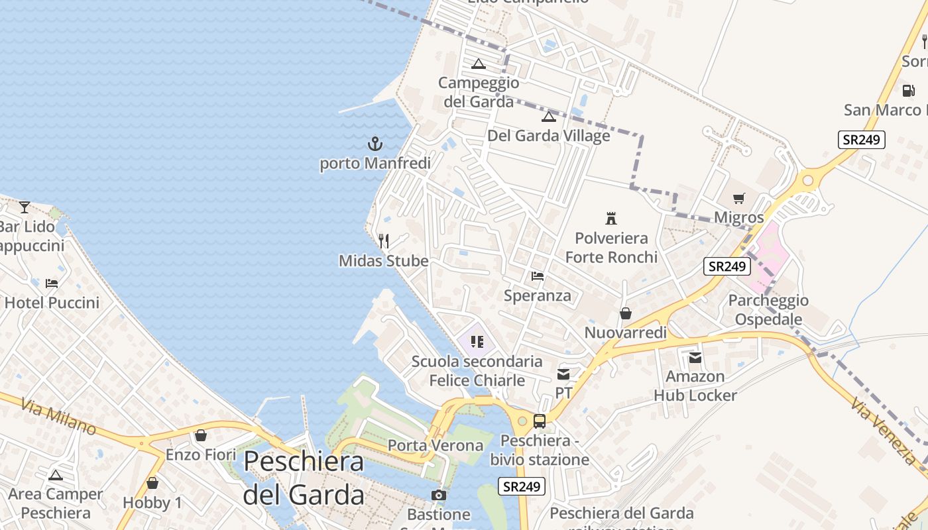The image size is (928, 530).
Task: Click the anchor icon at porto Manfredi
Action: [x=375, y=143]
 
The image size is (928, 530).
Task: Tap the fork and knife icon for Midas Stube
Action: [x=384, y=240]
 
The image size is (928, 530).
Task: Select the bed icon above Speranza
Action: [x=538, y=276]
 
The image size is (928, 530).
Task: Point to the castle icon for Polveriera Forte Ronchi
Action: [x=611, y=218]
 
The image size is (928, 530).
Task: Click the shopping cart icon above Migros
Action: [x=739, y=198]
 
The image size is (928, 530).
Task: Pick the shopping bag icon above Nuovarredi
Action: [x=625, y=313]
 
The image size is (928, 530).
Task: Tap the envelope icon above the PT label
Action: [x=563, y=374]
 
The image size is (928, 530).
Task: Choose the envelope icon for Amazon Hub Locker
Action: [x=695, y=358]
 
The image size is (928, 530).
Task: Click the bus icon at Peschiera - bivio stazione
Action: [x=540, y=421]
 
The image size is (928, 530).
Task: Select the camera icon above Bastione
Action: [x=438, y=495]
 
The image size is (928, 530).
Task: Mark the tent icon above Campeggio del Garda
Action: [x=479, y=64]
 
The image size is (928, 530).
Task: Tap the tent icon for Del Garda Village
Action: [x=548, y=117]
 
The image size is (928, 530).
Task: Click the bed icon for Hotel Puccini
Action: [x=52, y=284]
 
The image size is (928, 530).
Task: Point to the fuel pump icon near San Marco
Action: [x=908, y=90]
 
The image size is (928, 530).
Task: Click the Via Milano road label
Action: [x=59, y=415]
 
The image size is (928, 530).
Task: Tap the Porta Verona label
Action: [x=435, y=445]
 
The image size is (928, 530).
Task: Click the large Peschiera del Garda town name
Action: [x=304, y=478]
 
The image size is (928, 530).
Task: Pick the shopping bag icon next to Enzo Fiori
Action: [x=201, y=435]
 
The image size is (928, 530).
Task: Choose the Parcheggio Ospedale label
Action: [x=768, y=310]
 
